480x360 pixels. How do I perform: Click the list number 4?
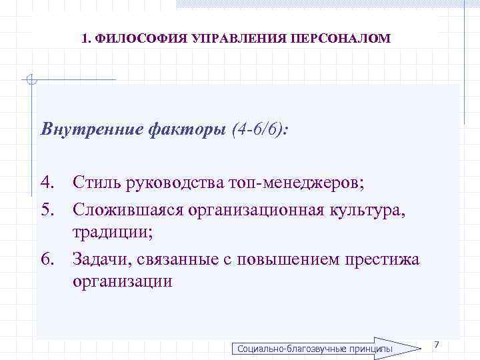click(x=47, y=180)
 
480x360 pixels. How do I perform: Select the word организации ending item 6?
click(x=123, y=282)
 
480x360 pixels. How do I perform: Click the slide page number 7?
click(x=436, y=344)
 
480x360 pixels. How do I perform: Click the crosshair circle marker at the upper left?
click(x=30, y=81)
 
